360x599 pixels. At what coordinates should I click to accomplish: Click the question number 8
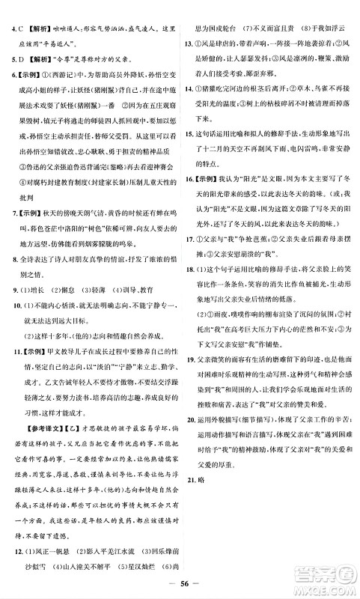tap(10, 279)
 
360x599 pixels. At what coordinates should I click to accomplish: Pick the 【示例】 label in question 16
tap(209, 201)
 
